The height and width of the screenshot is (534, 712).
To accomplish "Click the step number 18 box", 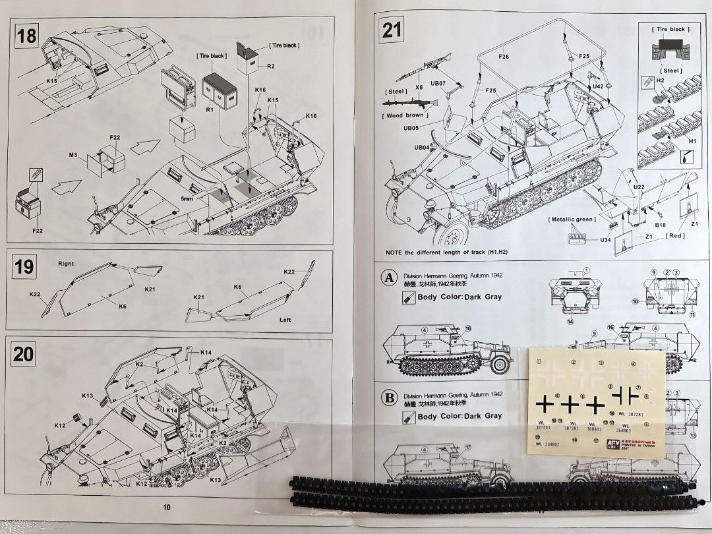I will point(28,36).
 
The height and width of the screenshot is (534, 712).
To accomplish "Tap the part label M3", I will point(73,155).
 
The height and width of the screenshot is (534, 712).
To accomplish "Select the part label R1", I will point(209,109).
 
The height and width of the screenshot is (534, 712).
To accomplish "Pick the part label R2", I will point(271,67).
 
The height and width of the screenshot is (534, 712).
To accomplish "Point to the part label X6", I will point(419,86).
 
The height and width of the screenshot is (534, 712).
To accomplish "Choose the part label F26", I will point(503,57).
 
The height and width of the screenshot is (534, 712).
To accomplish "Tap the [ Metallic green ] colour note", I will point(572,219).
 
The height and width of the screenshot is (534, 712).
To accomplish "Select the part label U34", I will point(605,240).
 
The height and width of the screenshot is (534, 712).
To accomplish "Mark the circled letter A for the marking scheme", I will point(390,278).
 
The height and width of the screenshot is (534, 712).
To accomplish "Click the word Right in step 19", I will point(66,263).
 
